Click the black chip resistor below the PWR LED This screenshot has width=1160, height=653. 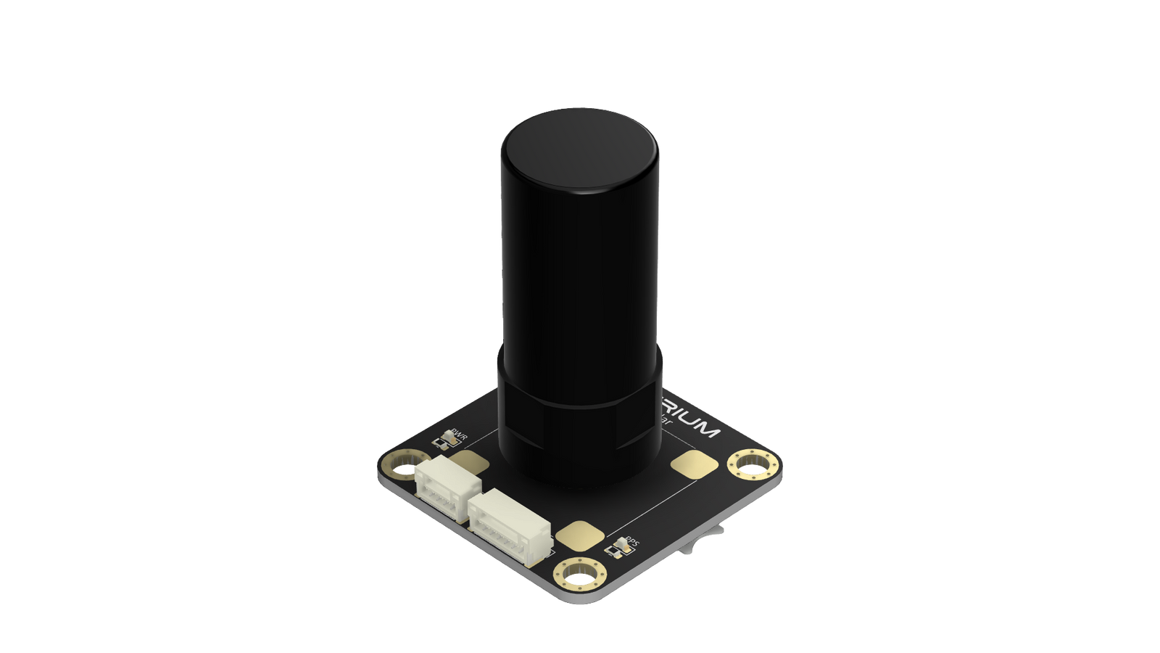[439, 443]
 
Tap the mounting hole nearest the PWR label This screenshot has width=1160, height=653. [400, 468]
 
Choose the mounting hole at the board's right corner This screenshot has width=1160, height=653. [750, 464]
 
